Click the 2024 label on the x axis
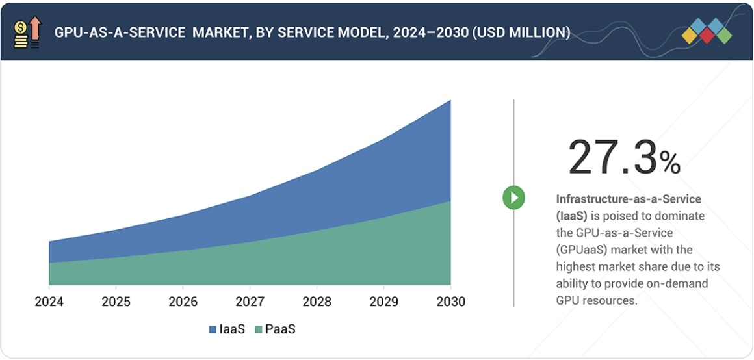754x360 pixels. pos(49,302)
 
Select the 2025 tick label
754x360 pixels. pos(116,302)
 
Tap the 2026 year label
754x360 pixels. pos(183,302)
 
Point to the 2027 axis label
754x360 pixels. pos(250,302)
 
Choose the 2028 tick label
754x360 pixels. pos(317,302)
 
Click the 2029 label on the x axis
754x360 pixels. pos(383,302)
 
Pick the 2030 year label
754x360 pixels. pos(450,302)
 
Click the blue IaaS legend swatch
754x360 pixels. pos(213,329)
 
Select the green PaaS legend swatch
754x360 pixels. pos(259,329)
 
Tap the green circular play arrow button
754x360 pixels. pos(513,198)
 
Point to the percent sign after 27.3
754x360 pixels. pos(670,163)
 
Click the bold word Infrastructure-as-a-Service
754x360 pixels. pos(629,199)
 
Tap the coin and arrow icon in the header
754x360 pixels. pos(27,33)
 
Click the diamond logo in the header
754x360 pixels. pos(707,32)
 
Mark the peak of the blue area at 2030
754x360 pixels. pos(450,101)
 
